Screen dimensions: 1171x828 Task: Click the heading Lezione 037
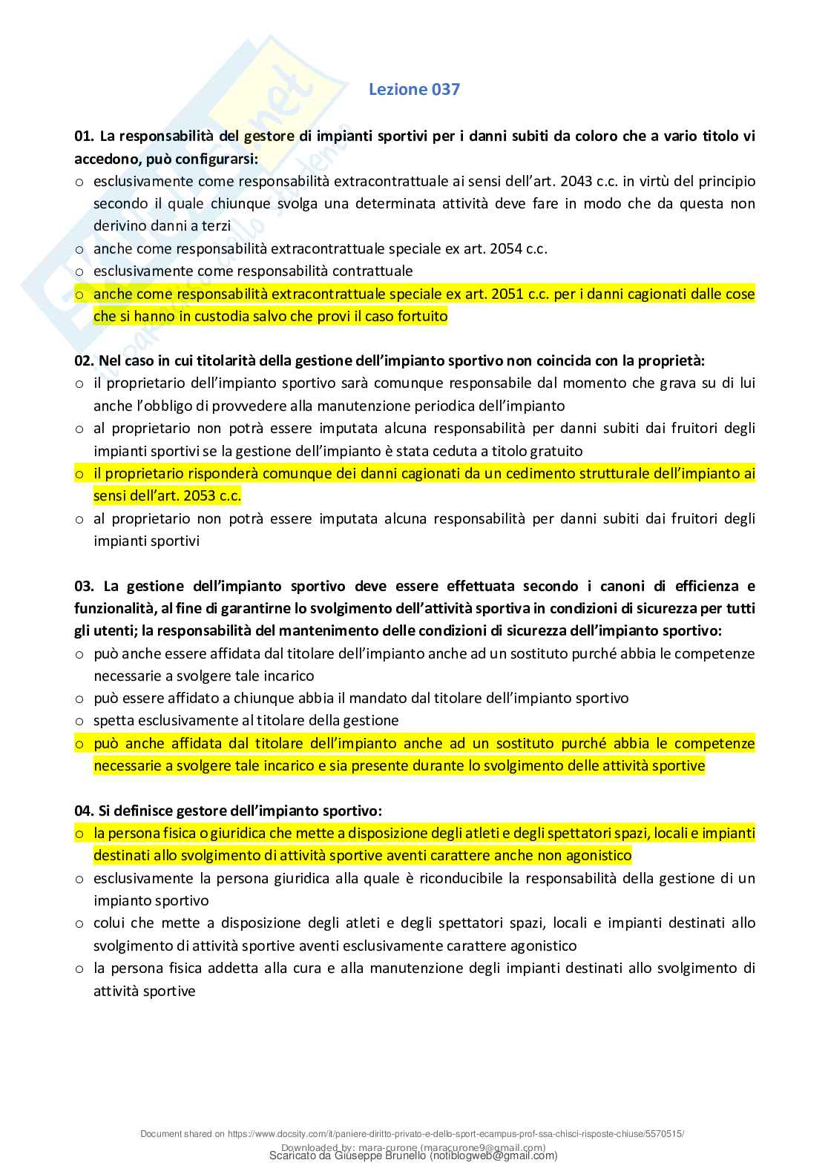pyautogui.click(x=414, y=90)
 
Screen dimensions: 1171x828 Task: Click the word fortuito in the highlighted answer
pyautogui.click(x=421, y=317)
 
